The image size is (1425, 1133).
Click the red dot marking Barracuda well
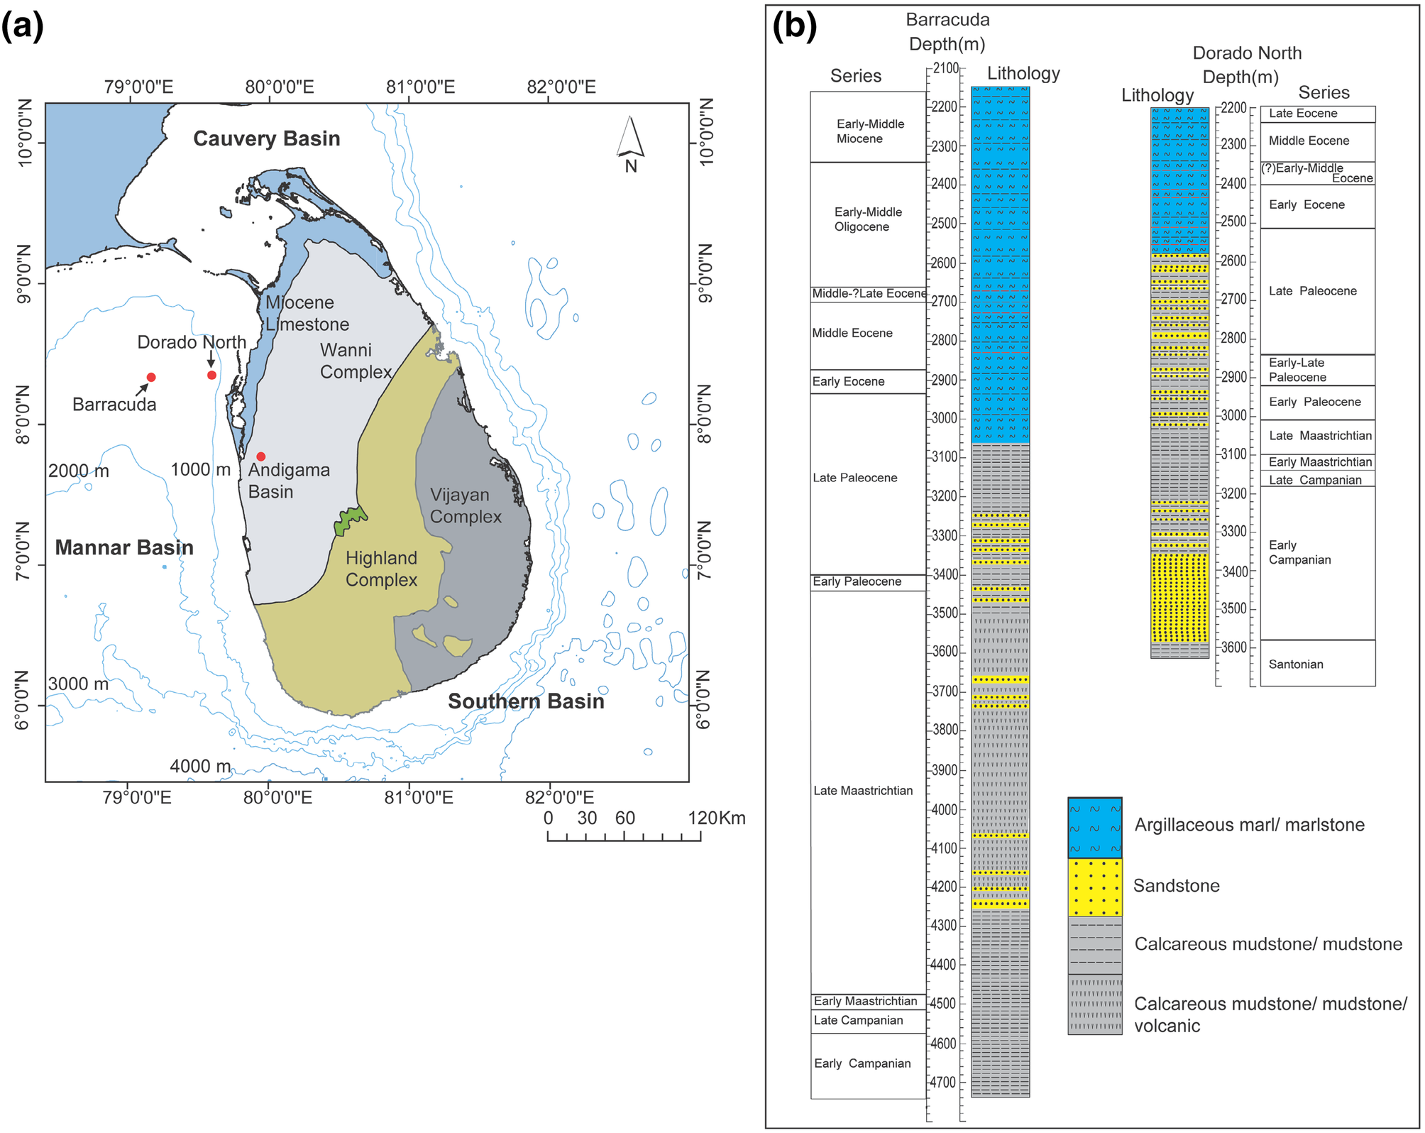pyautogui.click(x=151, y=377)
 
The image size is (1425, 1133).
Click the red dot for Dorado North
pyautogui.click(x=211, y=375)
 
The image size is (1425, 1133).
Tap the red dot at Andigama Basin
pyautogui.click(x=261, y=456)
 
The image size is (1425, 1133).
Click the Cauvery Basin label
pyautogui.click(x=266, y=138)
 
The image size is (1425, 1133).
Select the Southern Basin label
pyautogui.click(x=526, y=701)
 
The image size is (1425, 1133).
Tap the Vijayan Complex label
pyautogui.click(x=465, y=505)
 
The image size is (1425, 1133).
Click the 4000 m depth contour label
pyautogui.click(x=199, y=767)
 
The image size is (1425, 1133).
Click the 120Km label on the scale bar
pyautogui.click(x=716, y=819)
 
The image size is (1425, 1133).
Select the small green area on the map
pyautogui.click(x=349, y=520)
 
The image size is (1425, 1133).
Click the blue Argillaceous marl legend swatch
pyautogui.click(x=1094, y=828)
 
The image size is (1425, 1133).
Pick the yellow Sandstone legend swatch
pyautogui.click(x=1094, y=887)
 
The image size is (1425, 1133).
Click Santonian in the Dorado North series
pyautogui.click(x=1296, y=664)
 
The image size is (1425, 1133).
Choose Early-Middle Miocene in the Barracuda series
pyautogui.click(x=870, y=131)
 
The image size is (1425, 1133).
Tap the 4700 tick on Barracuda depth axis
pyautogui.click(x=944, y=1083)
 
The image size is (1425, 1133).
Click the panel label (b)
pyautogui.click(x=794, y=26)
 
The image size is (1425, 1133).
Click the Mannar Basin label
pyautogui.click(x=124, y=547)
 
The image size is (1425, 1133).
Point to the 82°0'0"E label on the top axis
pyautogui.click(x=561, y=87)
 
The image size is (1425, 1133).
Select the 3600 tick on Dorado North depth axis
pyautogui.click(x=1233, y=647)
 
